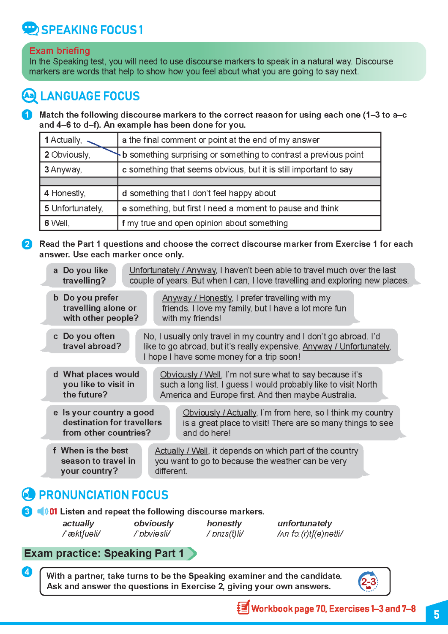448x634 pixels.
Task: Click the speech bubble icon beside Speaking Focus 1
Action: pos(30,29)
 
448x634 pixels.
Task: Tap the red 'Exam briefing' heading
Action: pos(60,51)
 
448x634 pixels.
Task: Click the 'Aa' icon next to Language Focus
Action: pos(29,96)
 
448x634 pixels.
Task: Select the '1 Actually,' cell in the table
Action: pos(63,140)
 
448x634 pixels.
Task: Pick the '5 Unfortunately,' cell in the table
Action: pos(74,208)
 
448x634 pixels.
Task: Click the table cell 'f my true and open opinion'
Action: pos(205,223)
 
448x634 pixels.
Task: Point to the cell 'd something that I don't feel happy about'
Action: pos(199,193)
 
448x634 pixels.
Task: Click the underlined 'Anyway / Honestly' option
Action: pos(197,298)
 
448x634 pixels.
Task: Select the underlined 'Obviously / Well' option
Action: pos(190,374)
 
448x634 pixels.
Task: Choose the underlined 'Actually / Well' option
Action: pos(181,451)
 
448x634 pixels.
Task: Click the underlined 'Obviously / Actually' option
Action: pos(219,413)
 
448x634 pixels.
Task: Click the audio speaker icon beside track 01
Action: pos(42,511)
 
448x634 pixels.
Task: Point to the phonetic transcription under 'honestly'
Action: pos(225,534)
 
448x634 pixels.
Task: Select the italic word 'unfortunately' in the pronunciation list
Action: pos(304,523)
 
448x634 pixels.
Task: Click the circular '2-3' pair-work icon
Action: pos(368,582)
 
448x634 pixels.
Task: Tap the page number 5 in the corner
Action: pos(436,614)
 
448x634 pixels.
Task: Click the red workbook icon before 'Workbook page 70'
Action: pos(243,608)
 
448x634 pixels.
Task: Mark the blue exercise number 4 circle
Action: pos(27,572)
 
